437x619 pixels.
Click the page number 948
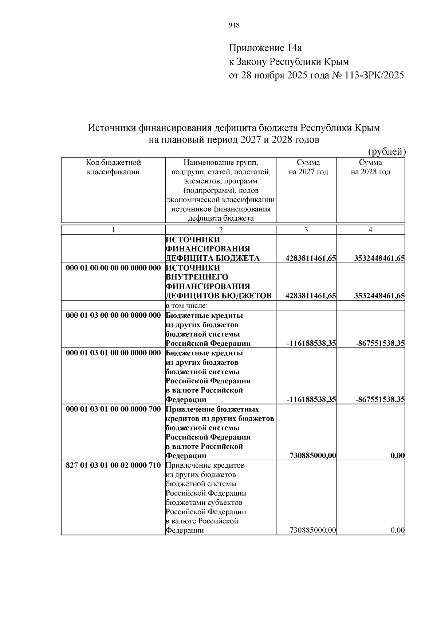tap(234, 25)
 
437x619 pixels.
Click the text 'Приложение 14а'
tap(265, 48)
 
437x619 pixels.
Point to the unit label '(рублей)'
tap(386, 151)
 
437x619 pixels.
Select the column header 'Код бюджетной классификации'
tap(113, 167)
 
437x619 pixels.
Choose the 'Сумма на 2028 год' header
tap(370, 167)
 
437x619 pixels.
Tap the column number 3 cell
tap(306, 230)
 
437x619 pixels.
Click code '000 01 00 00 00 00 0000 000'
tap(113, 268)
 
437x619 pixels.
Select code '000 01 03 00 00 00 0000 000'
tap(113, 315)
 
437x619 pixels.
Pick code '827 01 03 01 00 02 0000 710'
tap(113, 465)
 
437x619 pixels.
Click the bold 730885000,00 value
tap(312, 456)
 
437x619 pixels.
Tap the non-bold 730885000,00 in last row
tap(312, 530)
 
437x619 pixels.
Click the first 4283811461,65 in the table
tap(311, 259)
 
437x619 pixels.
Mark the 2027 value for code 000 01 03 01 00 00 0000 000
tap(311, 400)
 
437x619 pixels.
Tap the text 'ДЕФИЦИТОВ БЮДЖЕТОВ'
tap(219, 296)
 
